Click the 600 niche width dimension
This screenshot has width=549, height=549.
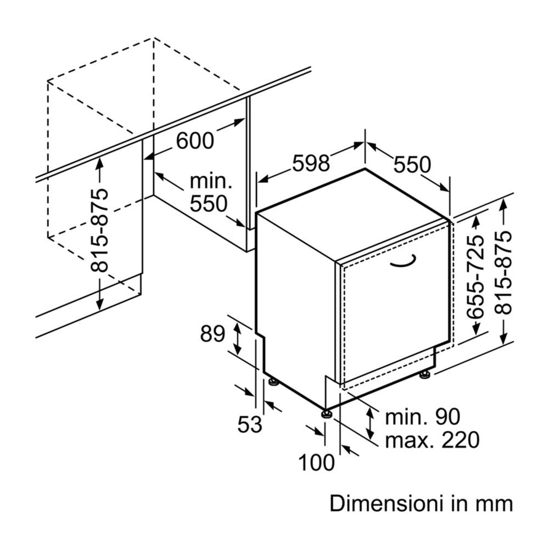point(195,141)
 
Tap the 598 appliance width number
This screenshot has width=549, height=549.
point(311,163)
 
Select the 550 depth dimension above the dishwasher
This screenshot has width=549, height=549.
point(412,165)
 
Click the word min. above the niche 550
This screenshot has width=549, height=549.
point(211,181)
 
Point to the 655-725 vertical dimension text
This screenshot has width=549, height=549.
point(476,277)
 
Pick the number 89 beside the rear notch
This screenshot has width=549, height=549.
point(212,334)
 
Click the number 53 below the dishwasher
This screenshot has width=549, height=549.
point(250,424)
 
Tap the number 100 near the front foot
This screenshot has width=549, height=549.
point(316,462)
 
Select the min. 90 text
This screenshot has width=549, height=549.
point(423,417)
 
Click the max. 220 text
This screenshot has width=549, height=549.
point(432,440)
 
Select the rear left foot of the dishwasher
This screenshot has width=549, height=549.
point(273,382)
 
